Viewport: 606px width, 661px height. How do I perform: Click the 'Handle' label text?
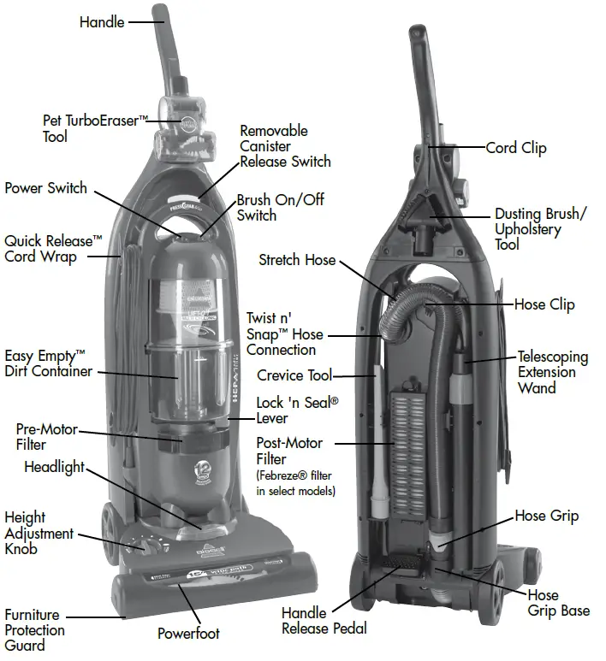[x=102, y=21]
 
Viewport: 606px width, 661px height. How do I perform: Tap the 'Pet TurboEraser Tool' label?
[x=89, y=128]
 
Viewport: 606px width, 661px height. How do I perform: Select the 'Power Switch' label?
[x=45, y=188]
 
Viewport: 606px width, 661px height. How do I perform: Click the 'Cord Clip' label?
[x=515, y=148]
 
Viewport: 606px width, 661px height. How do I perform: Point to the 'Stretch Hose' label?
[x=297, y=259]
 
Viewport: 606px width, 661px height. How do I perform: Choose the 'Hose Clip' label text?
[x=544, y=304]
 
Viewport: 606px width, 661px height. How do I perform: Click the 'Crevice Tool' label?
[x=294, y=375]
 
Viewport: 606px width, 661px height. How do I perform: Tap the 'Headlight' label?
[x=55, y=468]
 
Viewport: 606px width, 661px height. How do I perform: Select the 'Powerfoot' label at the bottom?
[x=188, y=634]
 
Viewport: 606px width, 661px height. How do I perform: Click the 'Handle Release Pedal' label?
[x=324, y=620]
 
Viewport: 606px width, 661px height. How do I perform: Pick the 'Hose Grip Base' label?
[x=558, y=603]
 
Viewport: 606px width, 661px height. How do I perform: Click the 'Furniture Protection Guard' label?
[x=34, y=630]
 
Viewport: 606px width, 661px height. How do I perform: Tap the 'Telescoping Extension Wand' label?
[x=552, y=372]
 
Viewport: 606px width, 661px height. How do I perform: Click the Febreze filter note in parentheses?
[x=296, y=483]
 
